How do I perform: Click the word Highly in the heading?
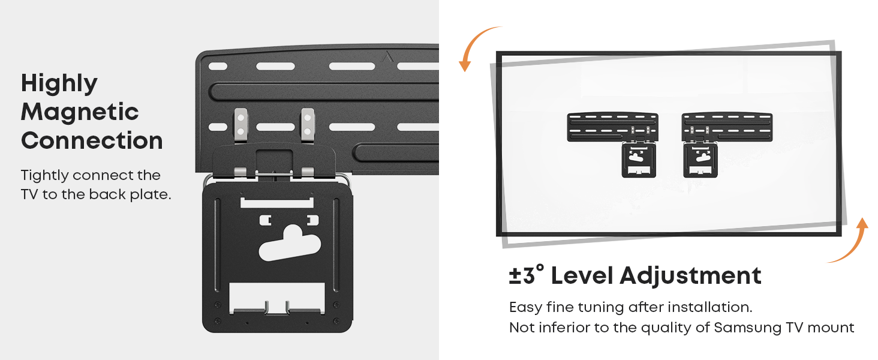(59, 83)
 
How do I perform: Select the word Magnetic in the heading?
(80, 112)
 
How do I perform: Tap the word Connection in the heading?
(92, 141)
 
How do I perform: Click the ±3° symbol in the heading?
(527, 275)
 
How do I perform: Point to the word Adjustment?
(690, 276)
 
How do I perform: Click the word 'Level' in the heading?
(582, 276)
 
